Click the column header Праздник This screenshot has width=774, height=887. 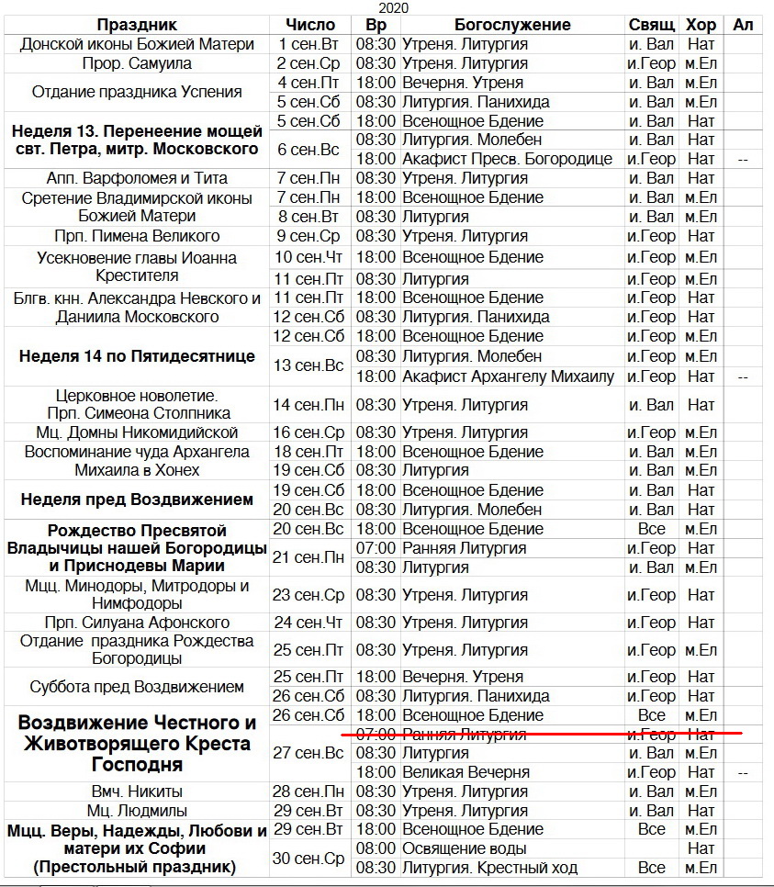137,25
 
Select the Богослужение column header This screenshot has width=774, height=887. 512,25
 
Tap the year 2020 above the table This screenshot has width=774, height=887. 393,8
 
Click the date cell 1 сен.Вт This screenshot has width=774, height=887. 309,44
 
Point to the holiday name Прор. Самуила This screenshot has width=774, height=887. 137,63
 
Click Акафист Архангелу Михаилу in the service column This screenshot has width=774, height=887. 508,376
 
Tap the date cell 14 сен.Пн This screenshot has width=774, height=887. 309,404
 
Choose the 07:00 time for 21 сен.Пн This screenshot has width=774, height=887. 376,548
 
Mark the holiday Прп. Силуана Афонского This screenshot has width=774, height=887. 137,623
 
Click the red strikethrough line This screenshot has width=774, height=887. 542,734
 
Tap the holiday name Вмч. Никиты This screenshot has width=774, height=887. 137,792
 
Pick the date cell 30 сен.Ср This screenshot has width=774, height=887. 309,859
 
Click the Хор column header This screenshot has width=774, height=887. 701,25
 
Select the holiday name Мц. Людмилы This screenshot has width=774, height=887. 137,811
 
